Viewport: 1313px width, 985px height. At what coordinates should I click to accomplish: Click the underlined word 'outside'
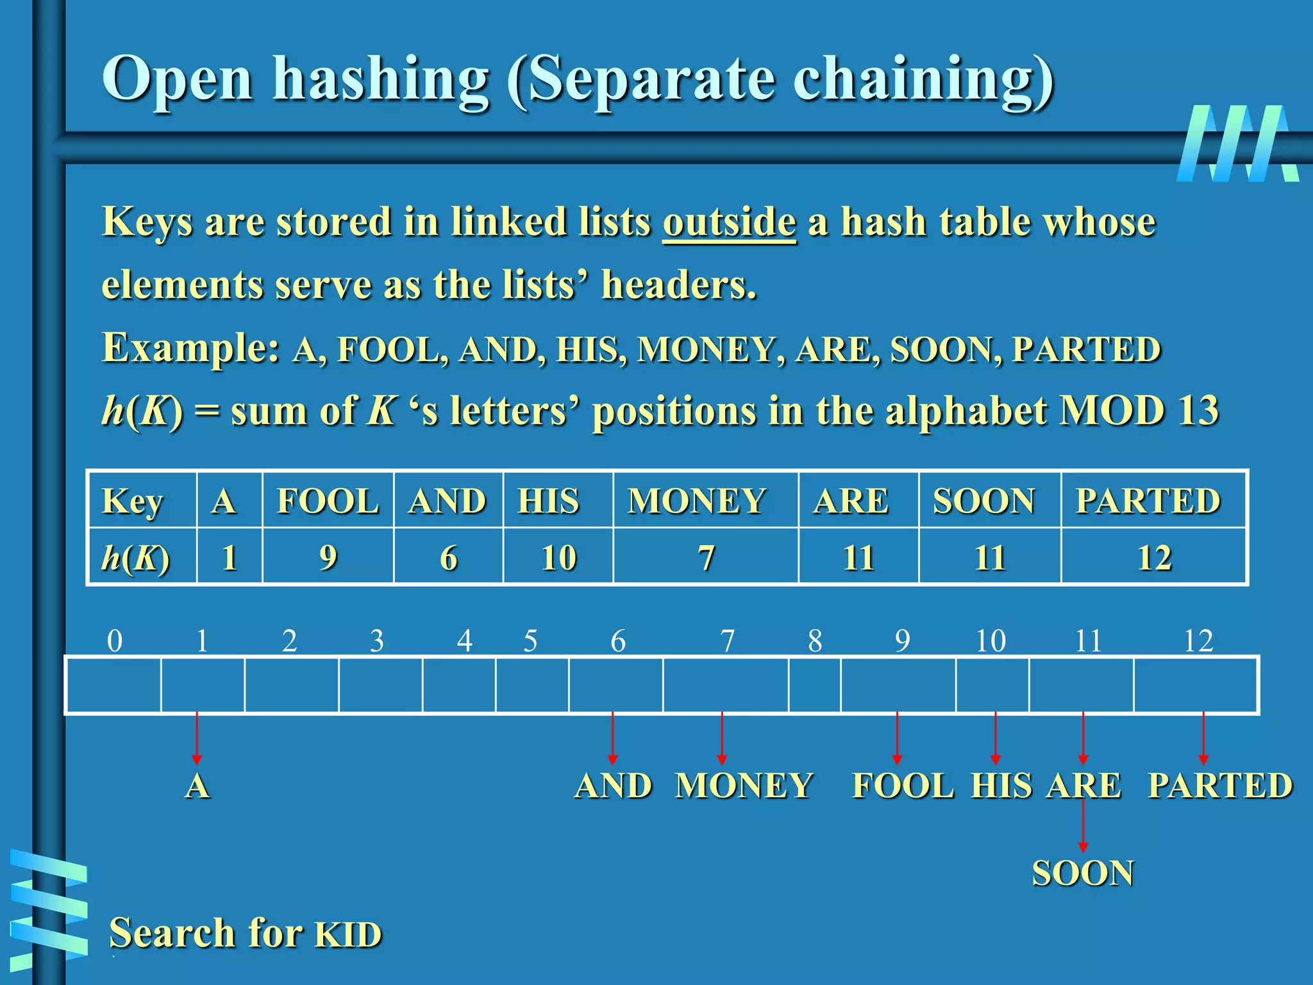point(729,223)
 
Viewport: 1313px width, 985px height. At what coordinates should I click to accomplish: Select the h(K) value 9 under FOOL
point(328,557)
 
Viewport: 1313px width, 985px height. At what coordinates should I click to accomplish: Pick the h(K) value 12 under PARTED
point(1154,557)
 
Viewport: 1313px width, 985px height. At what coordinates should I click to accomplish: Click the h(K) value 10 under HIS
point(558,557)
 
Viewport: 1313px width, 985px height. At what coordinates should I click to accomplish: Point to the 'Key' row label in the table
point(133,501)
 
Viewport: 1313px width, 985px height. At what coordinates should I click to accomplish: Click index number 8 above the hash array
point(814,641)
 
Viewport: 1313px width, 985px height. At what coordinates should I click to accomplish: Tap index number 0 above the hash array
point(115,641)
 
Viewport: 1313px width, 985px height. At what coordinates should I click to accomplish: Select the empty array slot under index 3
point(380,685)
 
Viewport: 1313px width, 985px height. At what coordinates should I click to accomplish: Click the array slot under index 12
point(1196,685)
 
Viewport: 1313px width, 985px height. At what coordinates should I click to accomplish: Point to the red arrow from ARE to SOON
point(1083,827)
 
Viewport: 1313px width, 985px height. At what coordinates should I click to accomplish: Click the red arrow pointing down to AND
point(613,737)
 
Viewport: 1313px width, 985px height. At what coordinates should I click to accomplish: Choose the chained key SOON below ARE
point(1083,873)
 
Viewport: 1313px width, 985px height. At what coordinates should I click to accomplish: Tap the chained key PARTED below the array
point(1220,786)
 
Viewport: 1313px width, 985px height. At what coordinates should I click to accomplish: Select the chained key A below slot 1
point(197,786)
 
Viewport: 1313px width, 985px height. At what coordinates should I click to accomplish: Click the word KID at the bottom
point(348,934)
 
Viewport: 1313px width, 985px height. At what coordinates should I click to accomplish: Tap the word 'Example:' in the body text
point(190,348)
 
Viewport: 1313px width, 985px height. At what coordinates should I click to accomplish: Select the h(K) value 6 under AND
point(448,557)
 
